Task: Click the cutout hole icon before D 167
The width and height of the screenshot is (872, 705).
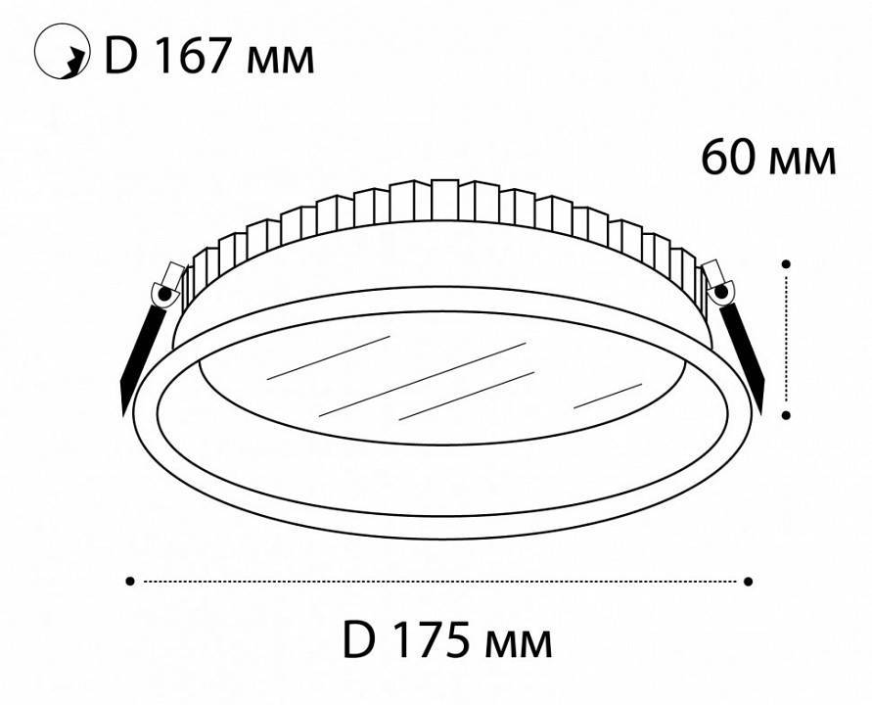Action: [x=58, y=57]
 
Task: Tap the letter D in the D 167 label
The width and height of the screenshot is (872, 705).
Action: [x=119, y=58]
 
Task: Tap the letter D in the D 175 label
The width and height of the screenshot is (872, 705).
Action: [x=360, y=641]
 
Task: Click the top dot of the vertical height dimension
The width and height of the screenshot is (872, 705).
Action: [x=786, y=262]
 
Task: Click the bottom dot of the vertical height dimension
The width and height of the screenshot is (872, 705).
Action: [x=786, y=415]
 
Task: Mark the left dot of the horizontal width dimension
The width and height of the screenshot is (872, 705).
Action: [x=130, y=582]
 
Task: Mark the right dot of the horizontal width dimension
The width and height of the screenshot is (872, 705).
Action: [x=749, y=582]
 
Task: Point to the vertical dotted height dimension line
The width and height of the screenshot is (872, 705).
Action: [x=786, y=339]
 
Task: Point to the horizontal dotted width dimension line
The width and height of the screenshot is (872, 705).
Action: [x=439, y=582]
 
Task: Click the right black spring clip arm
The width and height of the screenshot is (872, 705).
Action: [x=746, y=348]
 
